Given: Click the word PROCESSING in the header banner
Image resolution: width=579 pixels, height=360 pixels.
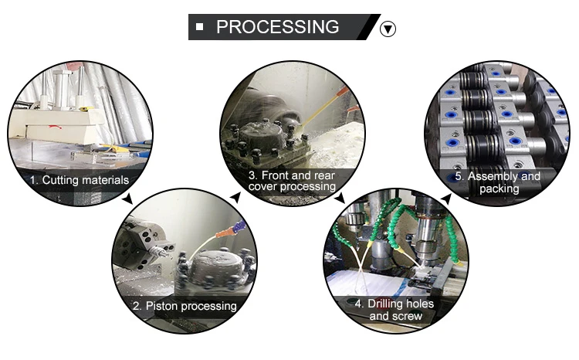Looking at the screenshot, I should click(x=277, y=27).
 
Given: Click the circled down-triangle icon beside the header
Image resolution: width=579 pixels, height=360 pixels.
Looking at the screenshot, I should click(x=389, y=29).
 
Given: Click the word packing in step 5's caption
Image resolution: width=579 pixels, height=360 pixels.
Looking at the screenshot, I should click(x=499, y=188).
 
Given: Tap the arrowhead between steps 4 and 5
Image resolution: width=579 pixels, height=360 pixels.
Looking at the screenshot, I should click(x=445, y=200).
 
